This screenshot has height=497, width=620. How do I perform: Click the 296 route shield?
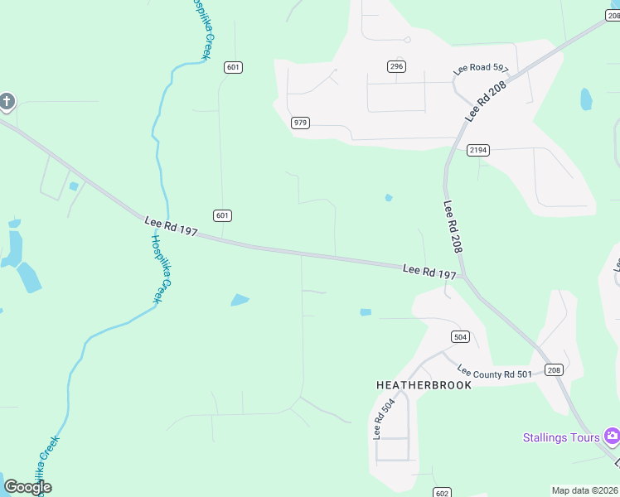coord(396,66)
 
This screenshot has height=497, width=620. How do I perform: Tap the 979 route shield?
coord(300,123)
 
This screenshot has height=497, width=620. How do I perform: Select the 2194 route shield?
coord(478,150)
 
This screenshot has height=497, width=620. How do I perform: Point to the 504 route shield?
coord(461,336)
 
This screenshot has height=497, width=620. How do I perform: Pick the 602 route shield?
coord(441,492)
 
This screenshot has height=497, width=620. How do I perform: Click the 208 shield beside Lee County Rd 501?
coord(554,369)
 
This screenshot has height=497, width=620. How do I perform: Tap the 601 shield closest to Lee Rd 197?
coord(221,215)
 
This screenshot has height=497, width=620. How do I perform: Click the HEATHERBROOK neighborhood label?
coord(424,385)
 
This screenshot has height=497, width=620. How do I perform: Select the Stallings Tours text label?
coord(561,437)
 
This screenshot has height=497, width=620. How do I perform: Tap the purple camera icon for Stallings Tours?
coord(612,436)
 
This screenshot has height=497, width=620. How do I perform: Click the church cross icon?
coord(7,102)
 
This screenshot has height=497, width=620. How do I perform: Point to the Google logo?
coord(28,487)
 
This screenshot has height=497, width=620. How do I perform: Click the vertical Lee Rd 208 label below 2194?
coord(453,227)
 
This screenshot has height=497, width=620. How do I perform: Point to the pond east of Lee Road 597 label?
coord(586,99)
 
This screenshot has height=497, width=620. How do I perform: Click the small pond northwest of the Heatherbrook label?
coord(366,312)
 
